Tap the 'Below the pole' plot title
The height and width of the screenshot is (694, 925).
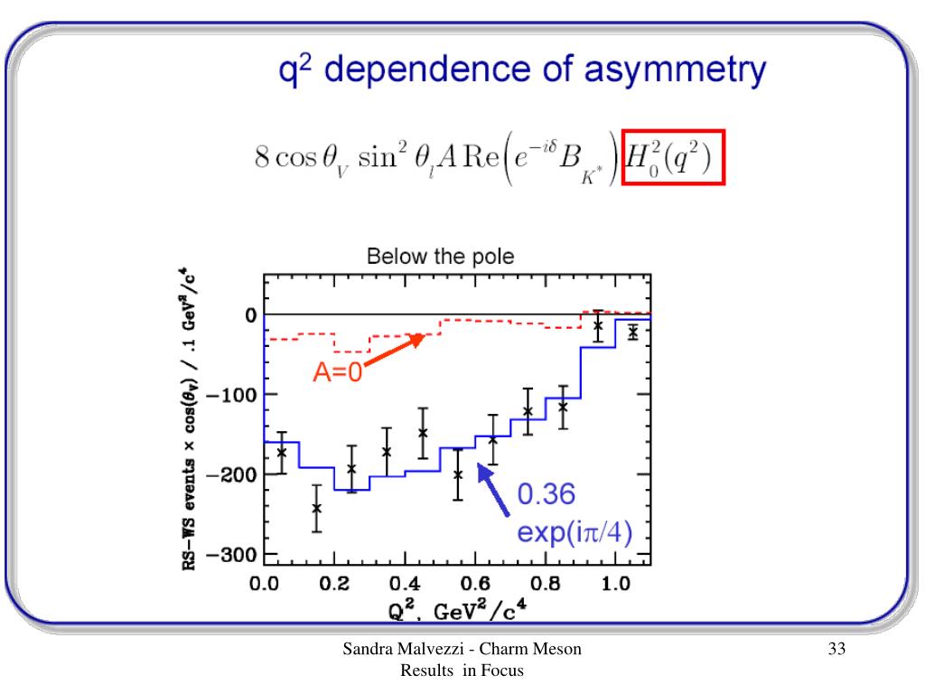[x=440, y=257]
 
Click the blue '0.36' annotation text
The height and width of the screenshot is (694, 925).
[x=546, y=495]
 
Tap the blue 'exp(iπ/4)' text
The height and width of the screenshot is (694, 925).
[x=574, y=530]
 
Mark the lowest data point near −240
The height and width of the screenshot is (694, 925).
[x=317, y=508]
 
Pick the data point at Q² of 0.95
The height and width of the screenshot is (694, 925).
[x=598, y=325]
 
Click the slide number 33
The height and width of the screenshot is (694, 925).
[x=836, y=650]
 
